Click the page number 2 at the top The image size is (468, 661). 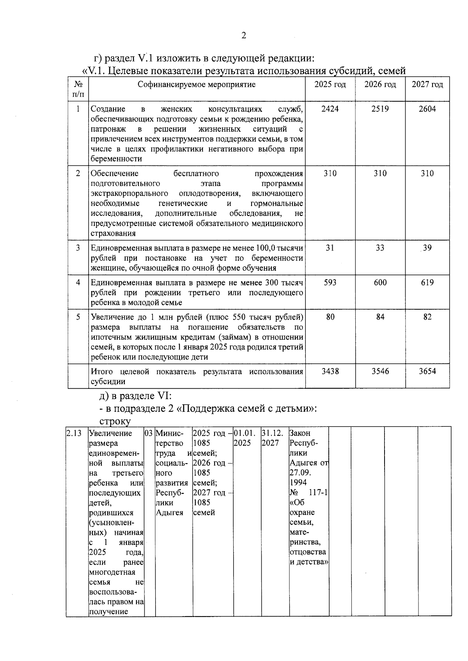click(244, 36)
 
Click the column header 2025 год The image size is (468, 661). click(330, 85)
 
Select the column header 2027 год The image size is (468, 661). click(427, 85)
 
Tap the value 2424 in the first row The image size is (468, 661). click(330, 109)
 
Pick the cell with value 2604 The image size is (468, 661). click(427, 109)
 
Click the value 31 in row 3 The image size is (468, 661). click(330, 248)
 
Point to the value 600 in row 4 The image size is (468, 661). click(380, 283)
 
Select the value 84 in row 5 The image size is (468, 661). click(380, 317)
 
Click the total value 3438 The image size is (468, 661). click(330, 372)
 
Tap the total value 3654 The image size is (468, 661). click(427, 372)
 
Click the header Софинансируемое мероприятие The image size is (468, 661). click(197, 85)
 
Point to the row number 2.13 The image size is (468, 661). click(74, 433)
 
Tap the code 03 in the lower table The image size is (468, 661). click(149, 433)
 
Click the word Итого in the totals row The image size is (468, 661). click(102, 372)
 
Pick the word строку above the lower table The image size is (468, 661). click(115, 421)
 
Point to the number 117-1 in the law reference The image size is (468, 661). click(318, 493)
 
